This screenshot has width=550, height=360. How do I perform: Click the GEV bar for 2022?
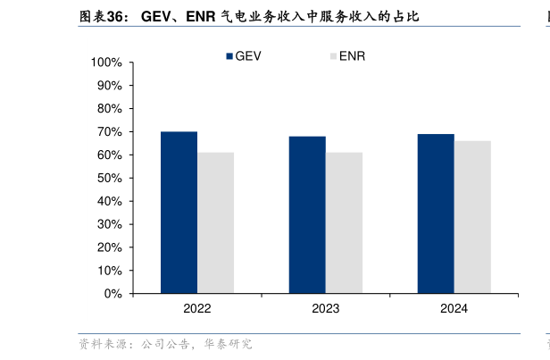tap(179, 213)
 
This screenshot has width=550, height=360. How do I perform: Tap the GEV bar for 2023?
tap(307, 214)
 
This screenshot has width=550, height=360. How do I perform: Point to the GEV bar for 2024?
tap(436, 213)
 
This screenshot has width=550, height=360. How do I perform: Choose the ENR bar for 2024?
tap(472, 217)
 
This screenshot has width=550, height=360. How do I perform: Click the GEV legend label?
tap(248, 55)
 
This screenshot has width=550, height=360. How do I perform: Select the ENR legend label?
tap(352, 55)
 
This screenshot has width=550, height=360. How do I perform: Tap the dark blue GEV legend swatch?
tap(229, 55)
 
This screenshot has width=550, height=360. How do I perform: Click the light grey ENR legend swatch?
tap(333, 55)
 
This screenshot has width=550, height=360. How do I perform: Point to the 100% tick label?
tap(106, 63)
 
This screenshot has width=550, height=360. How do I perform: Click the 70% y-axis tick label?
tap(109, 132)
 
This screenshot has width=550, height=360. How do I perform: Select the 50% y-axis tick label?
tap(109, 178)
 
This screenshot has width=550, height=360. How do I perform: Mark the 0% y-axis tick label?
tap(112, 293)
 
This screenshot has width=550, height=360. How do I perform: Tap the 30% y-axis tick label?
tap(109, 224)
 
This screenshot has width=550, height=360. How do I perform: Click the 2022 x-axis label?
tap(197, 308)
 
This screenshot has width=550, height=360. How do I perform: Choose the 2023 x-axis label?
tap(326, 308)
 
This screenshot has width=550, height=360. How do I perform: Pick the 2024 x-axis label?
tap(454, 308)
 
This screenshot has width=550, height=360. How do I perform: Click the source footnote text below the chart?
tap(165, 344)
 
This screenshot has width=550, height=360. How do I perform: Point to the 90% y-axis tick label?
tap(109, 86)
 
